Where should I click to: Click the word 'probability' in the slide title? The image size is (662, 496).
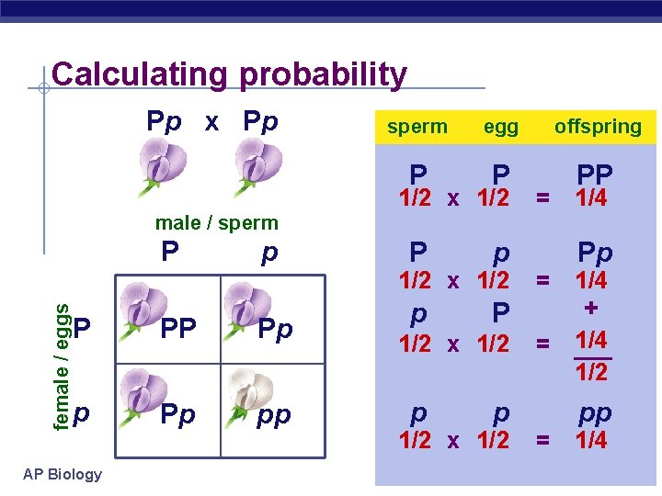(323, 75)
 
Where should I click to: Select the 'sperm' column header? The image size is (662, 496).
(417, 127)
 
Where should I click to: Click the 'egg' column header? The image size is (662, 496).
(501, 127)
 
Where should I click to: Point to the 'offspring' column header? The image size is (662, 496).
(598, 127)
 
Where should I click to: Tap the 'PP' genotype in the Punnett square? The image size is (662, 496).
(178, 329)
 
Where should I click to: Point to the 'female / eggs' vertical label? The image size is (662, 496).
(61, 355)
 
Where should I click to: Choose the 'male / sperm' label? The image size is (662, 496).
(216, 222)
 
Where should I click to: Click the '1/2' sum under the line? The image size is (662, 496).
(591, 370)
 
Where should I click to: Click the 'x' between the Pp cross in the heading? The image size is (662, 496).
(211, 121)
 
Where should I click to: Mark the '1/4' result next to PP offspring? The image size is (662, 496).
(591, 198)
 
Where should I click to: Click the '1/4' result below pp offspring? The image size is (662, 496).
(591, 440)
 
